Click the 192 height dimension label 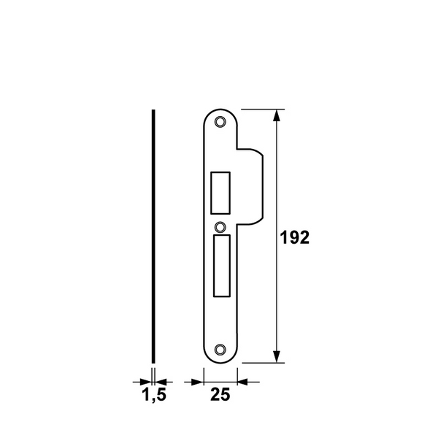[296, 237]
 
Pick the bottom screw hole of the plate [220, 349]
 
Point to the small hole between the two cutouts [220, 226]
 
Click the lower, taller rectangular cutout [220, 265]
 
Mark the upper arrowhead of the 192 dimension [277, 115]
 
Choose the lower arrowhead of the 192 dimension [277, 356]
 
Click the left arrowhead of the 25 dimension [195, 380]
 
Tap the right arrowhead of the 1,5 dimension [163, 380]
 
